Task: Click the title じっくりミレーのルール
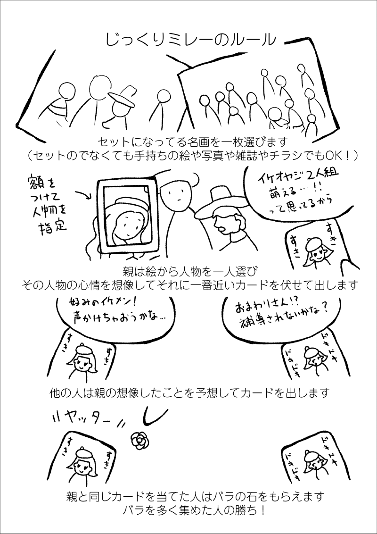(190, 40)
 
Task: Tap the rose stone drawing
(139, 441)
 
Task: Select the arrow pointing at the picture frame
(82, 194)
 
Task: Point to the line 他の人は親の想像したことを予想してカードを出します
(189, 393)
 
